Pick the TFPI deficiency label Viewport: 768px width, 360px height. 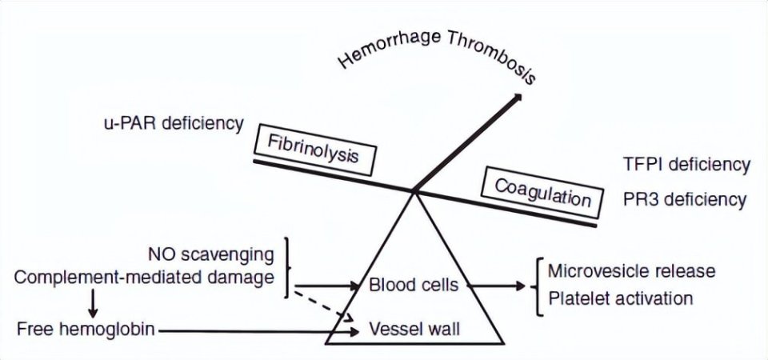click(x=686, y=165)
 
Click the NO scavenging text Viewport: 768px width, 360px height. click(x=211, y=255)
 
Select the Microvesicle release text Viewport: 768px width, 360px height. click(x=631, y=270)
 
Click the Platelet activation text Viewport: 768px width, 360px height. click(x=620, y=299)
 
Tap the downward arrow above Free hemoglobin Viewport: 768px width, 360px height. click(x=94, y=302)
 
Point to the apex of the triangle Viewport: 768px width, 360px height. click(x=414, y=192)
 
